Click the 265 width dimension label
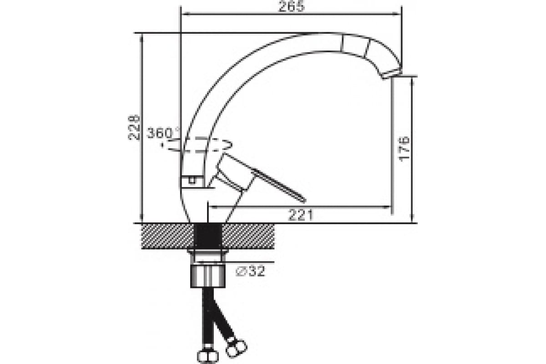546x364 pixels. pyautogui.click(x=292, y=6)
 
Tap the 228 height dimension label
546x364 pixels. pyautogui.click(x=134, y=127)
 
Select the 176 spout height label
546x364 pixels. pyautogui.click(x=404, y=149)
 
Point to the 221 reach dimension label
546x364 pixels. pyautogui.click(x=301, y=215)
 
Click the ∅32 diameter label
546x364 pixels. pyautogui.click(x=250, y=271)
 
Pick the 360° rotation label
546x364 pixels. pyautogui.click(x=162, y=133)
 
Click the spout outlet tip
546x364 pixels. pyautogui.click(x=392, y=74)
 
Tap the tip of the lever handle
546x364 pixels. pyautogui.click(x=303, y=200)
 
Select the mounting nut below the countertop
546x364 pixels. pyautogui.click(x=207, y=276)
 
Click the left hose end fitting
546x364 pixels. pyautogui.click(x=207, y=356)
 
